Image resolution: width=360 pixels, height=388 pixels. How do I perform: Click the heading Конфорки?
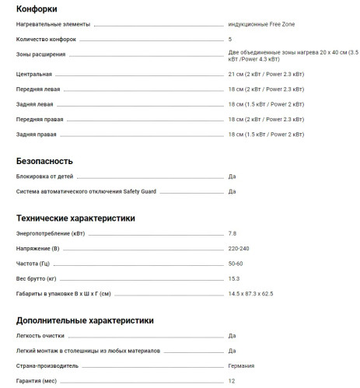coord(38,9)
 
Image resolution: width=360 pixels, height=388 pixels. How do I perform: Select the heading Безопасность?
coord(44,161)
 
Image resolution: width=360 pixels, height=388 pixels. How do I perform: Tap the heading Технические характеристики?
coord(75,218)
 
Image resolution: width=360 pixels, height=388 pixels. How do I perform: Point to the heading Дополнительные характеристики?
coord(84,320)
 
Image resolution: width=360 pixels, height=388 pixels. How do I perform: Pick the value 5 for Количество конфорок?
coord(230,38)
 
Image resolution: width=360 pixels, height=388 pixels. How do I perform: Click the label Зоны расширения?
coord(40,54)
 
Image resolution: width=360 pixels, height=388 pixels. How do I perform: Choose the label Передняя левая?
coord(40,89)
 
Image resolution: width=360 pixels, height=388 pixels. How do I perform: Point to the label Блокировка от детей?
coord(47,177)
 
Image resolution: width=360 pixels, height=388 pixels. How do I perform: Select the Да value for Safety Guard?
coord(232,191)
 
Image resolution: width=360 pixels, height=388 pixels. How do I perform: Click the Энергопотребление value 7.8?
coord(232,233)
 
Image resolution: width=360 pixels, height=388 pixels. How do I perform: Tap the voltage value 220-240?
coord(239,248)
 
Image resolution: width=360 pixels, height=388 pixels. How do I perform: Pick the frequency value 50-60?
coord(236,264)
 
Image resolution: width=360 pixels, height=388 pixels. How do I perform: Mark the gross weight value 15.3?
coord(234,278)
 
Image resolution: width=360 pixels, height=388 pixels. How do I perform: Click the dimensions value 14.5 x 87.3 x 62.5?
coord(256,293)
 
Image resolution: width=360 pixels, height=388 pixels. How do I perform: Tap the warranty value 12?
coord(232,380)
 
